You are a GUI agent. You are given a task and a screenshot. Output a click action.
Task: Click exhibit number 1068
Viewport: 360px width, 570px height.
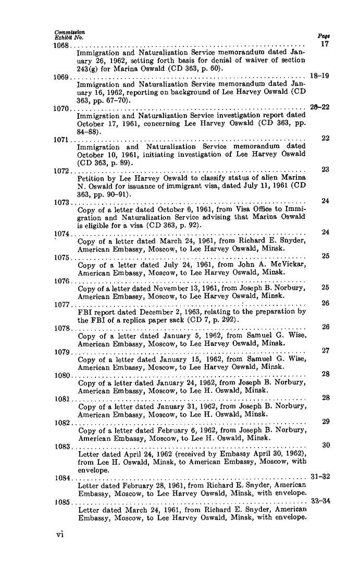coord(61,45)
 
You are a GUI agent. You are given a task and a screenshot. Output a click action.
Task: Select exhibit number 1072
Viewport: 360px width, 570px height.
coord(61,171)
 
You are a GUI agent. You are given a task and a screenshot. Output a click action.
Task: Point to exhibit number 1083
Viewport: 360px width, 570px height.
coord(63,447)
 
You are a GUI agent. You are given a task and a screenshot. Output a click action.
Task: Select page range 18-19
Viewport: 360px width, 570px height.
coord(319,75)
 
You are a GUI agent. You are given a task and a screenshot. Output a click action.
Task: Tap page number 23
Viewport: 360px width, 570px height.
coord(326,169)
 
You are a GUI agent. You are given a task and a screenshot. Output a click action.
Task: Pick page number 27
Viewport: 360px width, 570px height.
coord(326,351)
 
